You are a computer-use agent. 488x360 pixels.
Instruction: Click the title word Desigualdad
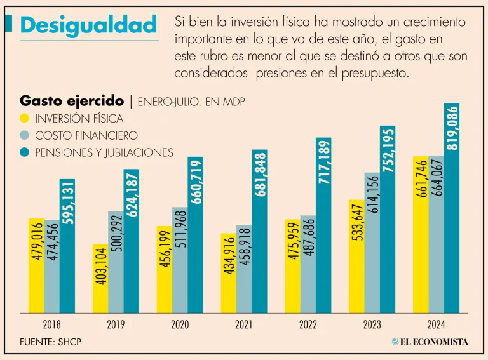point(88,25)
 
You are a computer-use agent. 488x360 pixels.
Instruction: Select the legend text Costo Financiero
point(86,136)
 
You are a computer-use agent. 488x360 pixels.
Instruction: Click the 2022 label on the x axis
point(308,325)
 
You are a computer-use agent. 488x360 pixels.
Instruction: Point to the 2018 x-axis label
point(52,325)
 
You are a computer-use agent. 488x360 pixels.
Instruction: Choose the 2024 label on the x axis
point(436,325)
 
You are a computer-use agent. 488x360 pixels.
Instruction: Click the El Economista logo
point(430,342)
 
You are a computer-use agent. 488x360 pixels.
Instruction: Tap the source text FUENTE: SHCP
point(51,342)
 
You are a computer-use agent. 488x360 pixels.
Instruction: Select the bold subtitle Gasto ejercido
point(72,101)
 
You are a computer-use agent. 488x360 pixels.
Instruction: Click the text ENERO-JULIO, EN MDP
point(191,102)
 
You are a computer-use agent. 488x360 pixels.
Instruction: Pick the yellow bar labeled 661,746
point(420,235)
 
